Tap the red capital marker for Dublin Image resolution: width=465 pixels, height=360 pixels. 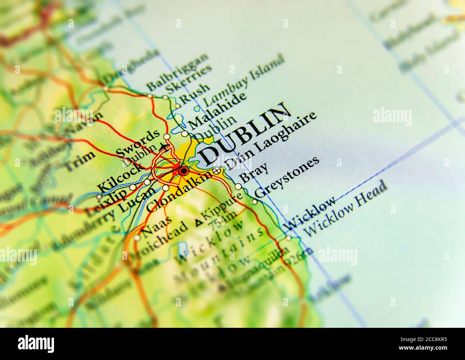click(x=183, y=172)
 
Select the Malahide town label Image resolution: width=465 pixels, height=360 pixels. click(x=217, y=111)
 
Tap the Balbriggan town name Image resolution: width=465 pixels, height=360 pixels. click(x=178, y=72)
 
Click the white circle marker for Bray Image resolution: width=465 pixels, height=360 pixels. click(x=238, y=186)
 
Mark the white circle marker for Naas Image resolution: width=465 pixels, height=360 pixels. click(x=137, y=238)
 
